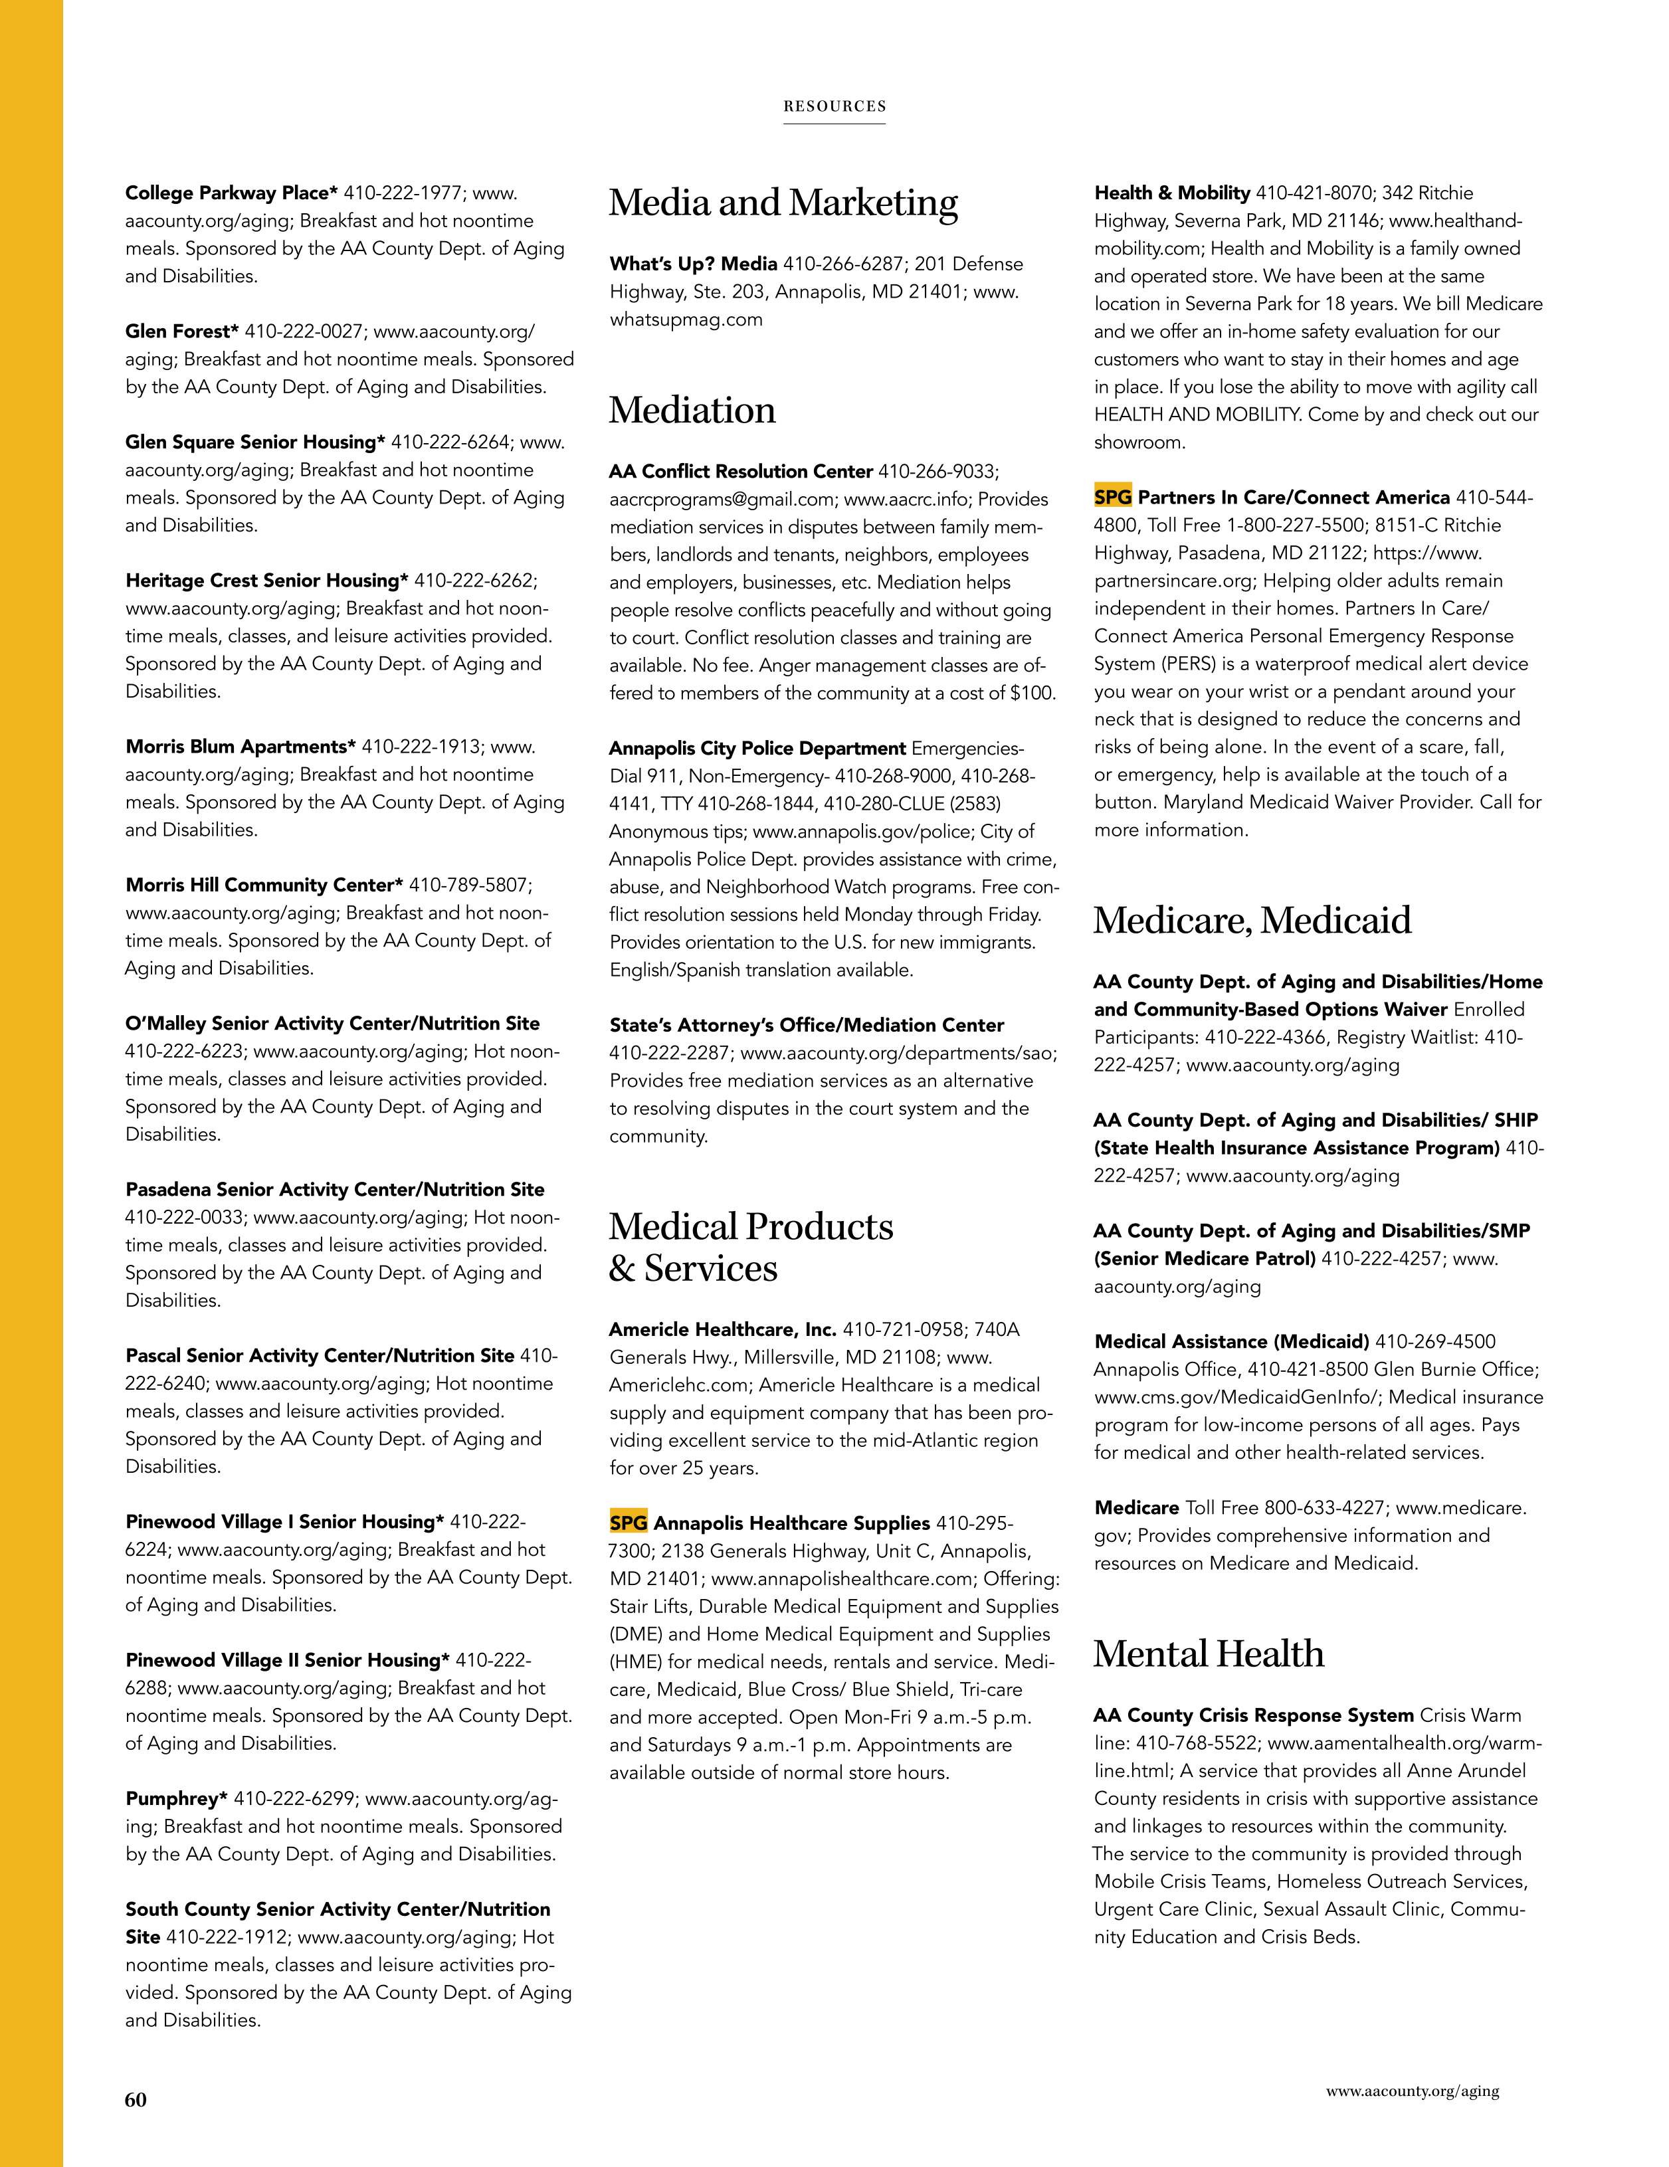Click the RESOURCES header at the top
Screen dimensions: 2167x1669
point(834,106)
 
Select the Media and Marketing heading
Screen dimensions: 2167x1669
point(783,203)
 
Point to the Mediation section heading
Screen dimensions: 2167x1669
point(692,410)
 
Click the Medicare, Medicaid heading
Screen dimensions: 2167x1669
point(1251,920)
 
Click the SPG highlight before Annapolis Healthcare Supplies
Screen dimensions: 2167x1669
point(628,1522)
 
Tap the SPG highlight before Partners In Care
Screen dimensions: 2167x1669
point(1112,497)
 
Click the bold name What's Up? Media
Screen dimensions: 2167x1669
point(692,264)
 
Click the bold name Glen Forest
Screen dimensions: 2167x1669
point(181,331)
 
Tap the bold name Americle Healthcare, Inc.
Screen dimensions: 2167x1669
point(722,1329)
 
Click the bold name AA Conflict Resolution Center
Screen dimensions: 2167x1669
point(740,471)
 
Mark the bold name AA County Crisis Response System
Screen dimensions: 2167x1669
point(1253,1715)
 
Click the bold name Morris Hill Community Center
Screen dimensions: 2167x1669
point(264,885)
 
